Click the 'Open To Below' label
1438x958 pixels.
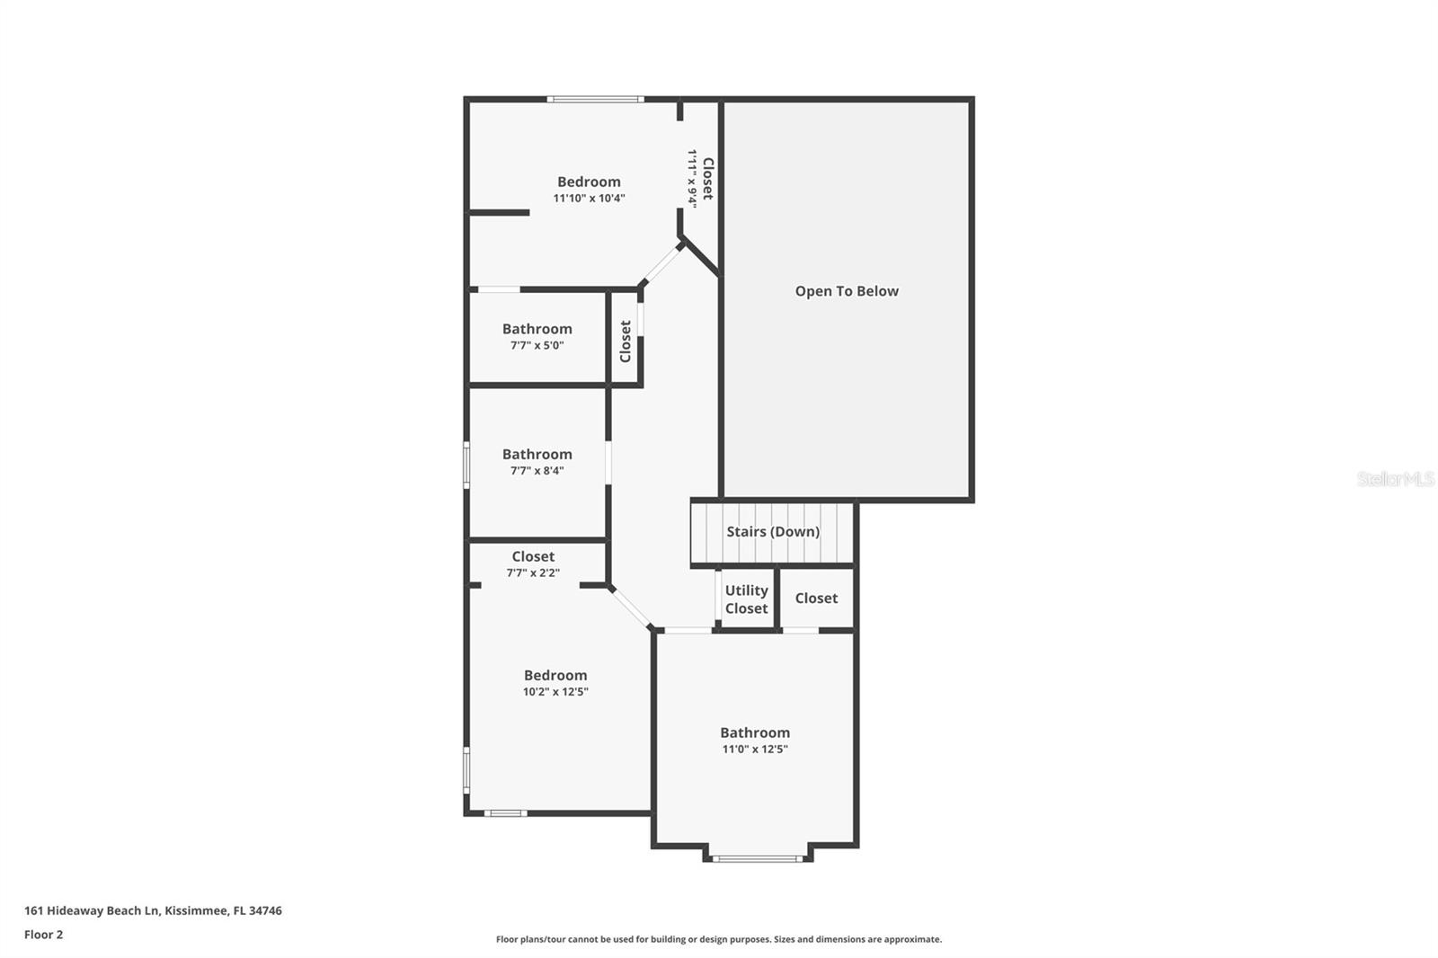pos(847,291)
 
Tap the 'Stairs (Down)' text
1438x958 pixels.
pos(773,532)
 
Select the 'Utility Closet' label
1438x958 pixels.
pos(746,599)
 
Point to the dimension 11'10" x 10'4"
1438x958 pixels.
pos(589,199)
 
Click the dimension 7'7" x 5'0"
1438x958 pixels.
pos(537,345)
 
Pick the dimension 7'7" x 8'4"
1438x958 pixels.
pos(537,471)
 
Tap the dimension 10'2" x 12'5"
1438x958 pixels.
pos(555,692)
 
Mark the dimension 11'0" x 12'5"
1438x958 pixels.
pos(755,750)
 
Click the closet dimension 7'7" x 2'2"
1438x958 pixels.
pos(533,572)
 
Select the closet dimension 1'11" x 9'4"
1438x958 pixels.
pos(692,178)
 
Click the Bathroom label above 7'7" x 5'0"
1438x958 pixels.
pos(537,329)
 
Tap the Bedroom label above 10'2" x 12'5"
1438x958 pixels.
pos(555,676)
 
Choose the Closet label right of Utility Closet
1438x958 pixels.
pos(816,599)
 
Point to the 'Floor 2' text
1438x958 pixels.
pos(43,935)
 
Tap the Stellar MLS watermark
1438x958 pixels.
pos(1395,479)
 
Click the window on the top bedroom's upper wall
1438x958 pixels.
pos(595,99)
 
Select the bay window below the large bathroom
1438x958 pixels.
pos(758,859)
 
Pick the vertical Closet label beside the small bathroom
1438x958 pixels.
pos(626,342)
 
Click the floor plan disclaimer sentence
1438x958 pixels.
pos(719,939)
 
